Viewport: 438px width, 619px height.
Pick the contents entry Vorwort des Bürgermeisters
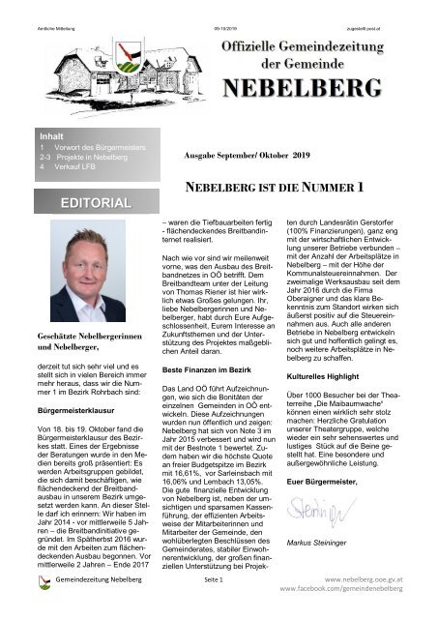(x=97, y=149)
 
